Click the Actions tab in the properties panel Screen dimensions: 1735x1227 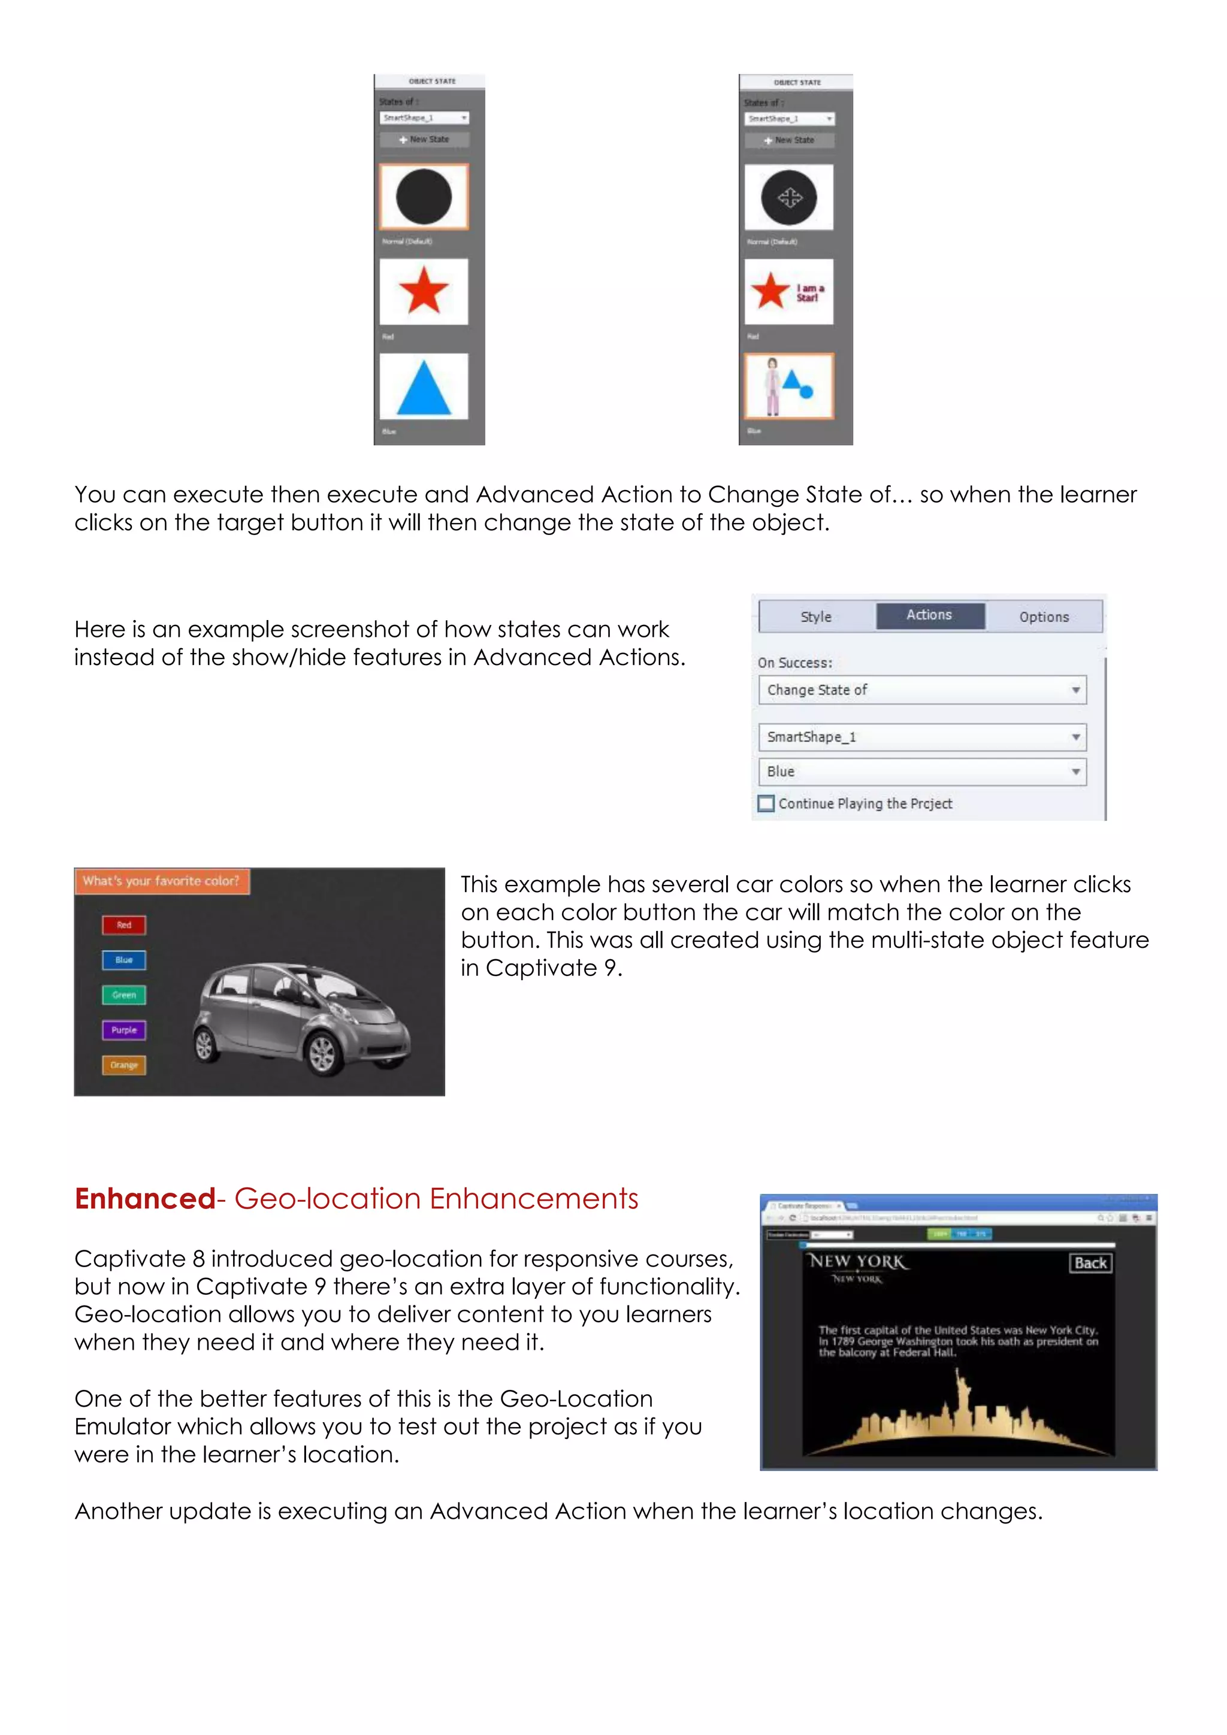coord(929,615)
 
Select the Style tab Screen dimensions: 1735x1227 coord(816,616)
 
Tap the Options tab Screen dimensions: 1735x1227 coord(1044,616)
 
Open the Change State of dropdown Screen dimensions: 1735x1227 coord(923,690)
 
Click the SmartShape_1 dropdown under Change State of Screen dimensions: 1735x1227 coord(923,737)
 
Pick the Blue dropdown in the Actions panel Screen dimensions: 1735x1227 coord(923,772)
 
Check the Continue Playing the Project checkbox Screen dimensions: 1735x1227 coord(766,803)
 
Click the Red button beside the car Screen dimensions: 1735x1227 coord(124,925)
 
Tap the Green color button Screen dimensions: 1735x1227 coord(124,995)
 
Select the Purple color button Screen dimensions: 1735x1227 coord(124,1030)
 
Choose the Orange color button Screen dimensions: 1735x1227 coord(124,1065)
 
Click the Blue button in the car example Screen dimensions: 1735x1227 coord(124,960)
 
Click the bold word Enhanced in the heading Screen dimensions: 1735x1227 coord(145,1199)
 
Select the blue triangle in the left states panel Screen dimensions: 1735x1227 coord(424,387)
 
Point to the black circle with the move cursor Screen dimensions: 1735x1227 coord(789,198)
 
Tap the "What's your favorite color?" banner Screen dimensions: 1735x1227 coord(162,881)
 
